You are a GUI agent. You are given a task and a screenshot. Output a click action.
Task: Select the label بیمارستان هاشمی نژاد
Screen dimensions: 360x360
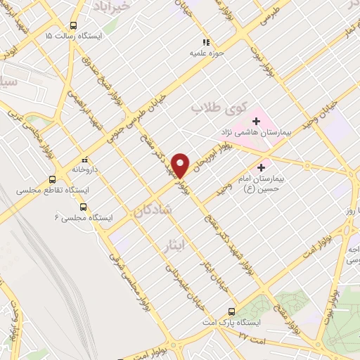252,134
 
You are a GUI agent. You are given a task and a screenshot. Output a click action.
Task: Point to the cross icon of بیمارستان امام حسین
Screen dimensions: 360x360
262,167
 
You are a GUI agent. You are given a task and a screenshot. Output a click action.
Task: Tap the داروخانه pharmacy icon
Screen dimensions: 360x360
85,160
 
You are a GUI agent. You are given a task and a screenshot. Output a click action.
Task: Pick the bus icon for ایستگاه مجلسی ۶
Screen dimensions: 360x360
84,207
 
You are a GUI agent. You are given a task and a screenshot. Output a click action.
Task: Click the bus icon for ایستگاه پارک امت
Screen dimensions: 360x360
233,311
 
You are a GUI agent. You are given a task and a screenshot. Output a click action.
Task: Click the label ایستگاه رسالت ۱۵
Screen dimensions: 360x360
73,35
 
